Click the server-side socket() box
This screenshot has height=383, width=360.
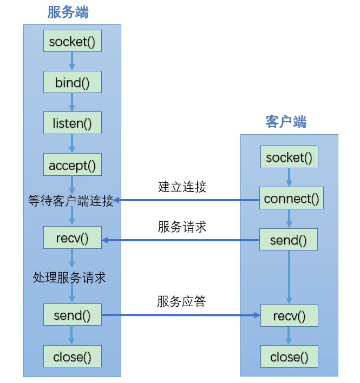coord(72,42)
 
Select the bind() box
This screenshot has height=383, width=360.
coord(72,83)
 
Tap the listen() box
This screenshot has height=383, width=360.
coord(72,123)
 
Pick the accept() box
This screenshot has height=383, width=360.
coord(72,165)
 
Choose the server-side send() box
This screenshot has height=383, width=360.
coord(72,314)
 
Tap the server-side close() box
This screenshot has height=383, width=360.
coord(72,356)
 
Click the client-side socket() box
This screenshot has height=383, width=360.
coord(289,157)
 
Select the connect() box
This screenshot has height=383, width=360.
coord(291,199)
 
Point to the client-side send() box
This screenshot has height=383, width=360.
coord(289,240)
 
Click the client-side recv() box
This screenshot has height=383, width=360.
coord(289,315)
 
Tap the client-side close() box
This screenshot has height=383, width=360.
coord(289,356)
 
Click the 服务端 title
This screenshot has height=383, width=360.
coord(68,12)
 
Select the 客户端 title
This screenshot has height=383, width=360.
coord(286,122)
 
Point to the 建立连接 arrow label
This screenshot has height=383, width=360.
coord(182,187)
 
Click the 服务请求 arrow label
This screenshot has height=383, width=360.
coord(182,227)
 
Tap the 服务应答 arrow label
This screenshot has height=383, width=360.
coord(182,302)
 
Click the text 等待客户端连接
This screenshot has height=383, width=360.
coord(71,201)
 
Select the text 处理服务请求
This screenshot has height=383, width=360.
coord(69,278)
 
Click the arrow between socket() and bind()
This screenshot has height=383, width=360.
coord(72,62)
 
